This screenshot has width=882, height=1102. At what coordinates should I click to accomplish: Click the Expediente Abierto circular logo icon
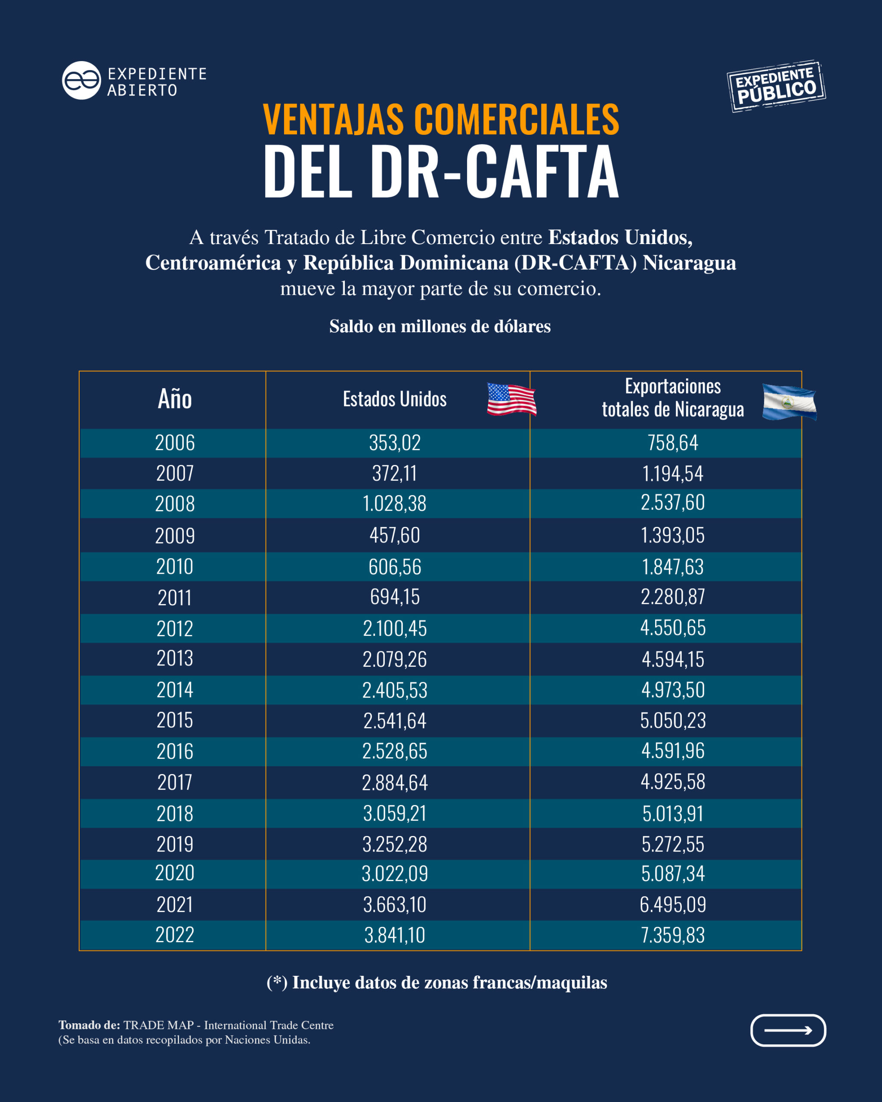click(81, 80)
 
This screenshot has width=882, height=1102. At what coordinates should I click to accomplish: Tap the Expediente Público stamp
click(776, 86)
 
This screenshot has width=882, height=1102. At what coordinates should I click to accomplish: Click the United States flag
click(511, 399)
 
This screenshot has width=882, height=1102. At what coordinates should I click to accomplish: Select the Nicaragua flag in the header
click(789, 402)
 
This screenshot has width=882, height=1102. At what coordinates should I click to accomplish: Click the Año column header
click(175, 399)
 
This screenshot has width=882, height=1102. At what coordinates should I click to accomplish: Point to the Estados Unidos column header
click(394, 399)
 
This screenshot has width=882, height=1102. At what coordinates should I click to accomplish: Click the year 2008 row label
click(175, 504)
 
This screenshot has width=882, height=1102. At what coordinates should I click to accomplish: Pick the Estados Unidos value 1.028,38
click(394, 504)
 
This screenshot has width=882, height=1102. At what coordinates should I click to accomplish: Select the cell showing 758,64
click(672, 443)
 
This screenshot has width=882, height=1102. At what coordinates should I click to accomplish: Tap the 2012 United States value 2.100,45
click(394, 628)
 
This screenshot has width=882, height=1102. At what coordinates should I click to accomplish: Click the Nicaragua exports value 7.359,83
click(672, 935)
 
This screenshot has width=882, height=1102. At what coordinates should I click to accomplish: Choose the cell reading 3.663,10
click(394, 905)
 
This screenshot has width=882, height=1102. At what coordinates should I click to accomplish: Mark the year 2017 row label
click(175, 783)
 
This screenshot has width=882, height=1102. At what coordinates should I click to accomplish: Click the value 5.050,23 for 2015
click(672, 721)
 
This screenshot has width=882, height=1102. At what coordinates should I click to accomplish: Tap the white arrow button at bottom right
click(787, 1031)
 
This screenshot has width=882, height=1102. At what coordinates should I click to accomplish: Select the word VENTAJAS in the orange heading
click(333, 120)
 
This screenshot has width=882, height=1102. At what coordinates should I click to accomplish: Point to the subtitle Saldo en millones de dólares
click(440, 326)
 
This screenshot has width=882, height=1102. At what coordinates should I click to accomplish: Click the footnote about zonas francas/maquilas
click(437, 982)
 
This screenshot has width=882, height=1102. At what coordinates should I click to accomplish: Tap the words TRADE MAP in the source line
click(158, 1025)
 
